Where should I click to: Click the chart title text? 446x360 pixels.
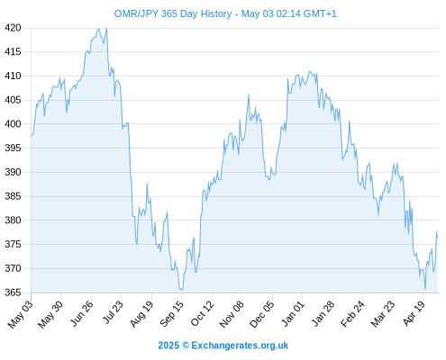[x=225, y=13]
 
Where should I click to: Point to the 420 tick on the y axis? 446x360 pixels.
[x=13, y=28]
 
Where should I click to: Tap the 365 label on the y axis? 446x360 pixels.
[x=13, y=292]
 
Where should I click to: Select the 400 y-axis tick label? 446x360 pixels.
[x=13, y=124]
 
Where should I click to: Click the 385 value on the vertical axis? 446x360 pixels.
[x=13, y=196]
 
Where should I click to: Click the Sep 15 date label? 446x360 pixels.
[x=171, y=313]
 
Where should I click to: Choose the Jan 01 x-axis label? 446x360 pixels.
[x=293, y=313]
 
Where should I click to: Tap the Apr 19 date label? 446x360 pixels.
[x=414, y=313]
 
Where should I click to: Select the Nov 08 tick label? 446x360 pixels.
[x=232, y=314]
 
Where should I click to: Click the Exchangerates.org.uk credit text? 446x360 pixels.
[x=240, y=346]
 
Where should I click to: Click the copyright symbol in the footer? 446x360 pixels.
[x=186, y=346]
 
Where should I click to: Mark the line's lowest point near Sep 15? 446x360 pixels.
[x=181, y=290]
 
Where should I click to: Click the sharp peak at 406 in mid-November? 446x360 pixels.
[x=249, y=95]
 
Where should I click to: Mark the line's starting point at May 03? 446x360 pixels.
[x=32, y=136]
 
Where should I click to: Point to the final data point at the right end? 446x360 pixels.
[x=438, y=238]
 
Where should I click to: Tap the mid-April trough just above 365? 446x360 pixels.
[x=425, y=289]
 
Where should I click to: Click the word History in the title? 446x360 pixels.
[x=216, y=13]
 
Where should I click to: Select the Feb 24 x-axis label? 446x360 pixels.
[x=352, y=313]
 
